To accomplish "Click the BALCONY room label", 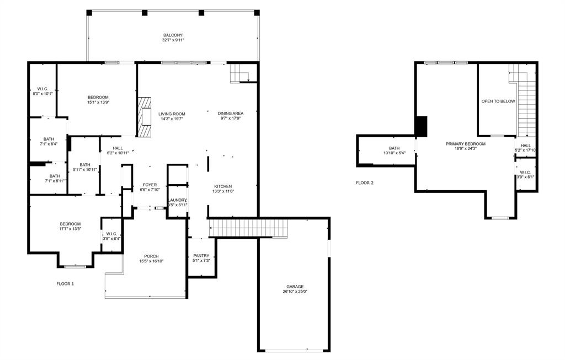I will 173,35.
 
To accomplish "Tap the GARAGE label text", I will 295,287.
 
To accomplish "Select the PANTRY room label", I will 201,256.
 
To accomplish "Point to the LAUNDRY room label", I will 178,200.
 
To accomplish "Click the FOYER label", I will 150,185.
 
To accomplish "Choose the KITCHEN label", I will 223,186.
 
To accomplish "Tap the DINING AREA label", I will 230,113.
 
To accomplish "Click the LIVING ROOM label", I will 172,114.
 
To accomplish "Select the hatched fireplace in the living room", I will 145,117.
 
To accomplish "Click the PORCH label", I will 151,256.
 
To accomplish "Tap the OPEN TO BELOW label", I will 498,101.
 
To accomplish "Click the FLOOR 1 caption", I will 65,284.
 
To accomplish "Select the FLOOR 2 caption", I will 365,182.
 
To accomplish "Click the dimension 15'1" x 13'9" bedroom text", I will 98,103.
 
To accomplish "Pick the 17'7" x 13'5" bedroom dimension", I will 71,229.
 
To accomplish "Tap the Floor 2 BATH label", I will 394,148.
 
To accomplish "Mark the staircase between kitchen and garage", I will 248,228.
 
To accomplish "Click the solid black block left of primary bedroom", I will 421,126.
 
